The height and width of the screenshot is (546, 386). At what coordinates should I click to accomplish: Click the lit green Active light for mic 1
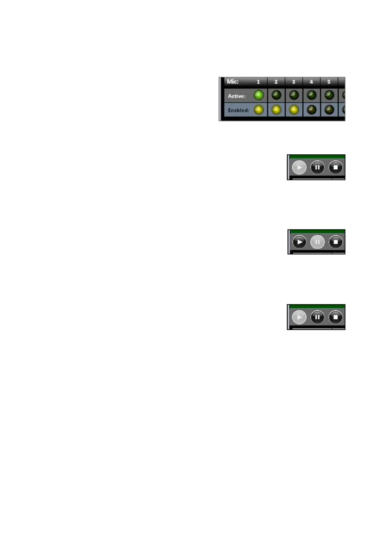coord(259,95)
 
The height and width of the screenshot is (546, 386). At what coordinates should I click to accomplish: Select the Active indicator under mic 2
coord(276,95)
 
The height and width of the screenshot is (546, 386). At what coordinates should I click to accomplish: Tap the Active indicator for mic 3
coord(294,95)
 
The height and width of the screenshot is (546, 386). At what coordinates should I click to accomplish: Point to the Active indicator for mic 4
coord(311,95)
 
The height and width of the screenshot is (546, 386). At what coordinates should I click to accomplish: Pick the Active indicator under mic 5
coord(329,95)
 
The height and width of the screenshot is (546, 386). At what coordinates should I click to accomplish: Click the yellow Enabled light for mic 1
coord(259,110)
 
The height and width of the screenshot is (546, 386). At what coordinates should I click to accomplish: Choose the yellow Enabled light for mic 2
coord(276,110)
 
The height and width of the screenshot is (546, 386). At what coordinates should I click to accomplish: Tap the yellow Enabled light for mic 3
coord(294,110)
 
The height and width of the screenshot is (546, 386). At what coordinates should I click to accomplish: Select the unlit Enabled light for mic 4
coord(311,110)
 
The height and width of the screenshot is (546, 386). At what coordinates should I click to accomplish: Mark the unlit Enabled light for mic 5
coord(329,110)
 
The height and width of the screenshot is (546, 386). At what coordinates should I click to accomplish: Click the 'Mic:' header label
coord(233,81)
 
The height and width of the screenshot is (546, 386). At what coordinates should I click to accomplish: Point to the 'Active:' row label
coord(237,96)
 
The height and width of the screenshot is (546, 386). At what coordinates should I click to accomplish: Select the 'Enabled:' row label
coord(239,110)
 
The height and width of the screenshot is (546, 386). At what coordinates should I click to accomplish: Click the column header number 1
coord(258,82)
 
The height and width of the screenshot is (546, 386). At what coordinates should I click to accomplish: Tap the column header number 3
coord(294,82)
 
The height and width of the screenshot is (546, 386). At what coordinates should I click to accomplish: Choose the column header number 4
coord(311,82)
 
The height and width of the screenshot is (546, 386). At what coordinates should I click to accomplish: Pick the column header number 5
coord(329,82)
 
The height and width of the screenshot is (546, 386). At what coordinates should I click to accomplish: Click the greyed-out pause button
coord(317,242)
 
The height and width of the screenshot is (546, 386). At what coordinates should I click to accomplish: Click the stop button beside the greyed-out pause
coord(336,242)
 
